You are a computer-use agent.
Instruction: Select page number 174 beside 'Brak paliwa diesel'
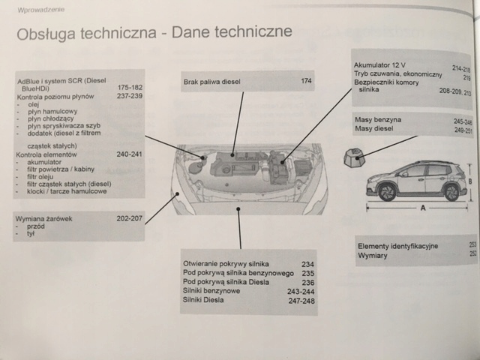point(306,80)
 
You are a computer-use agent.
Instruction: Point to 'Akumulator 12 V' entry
point(384,66)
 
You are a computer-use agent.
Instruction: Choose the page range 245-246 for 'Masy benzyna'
point(463,121)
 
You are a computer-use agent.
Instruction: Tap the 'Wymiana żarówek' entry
point(46,218)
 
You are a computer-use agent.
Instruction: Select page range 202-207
point(129,218)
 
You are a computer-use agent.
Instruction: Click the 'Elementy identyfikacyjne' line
point(398,246)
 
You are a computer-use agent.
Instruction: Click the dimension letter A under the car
point(422,208)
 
